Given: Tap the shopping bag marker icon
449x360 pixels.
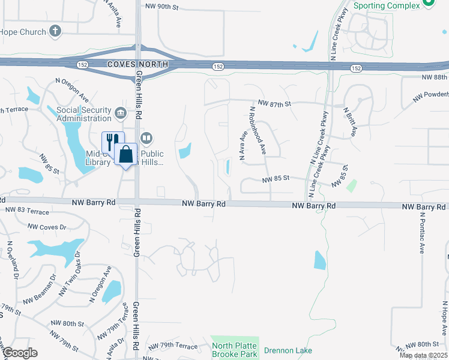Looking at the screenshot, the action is (126, 154).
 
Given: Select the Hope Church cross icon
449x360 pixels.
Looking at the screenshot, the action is (55, 31).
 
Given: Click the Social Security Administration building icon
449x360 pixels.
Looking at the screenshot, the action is (120, 112).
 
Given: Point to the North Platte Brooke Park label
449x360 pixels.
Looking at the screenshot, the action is (234, 350).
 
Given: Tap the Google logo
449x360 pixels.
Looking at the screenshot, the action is (20, 353).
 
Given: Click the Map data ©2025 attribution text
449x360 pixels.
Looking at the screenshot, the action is (423, 355).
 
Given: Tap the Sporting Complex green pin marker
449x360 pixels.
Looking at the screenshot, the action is (429, 4).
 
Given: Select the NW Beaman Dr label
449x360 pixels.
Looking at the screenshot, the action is (39, 298).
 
